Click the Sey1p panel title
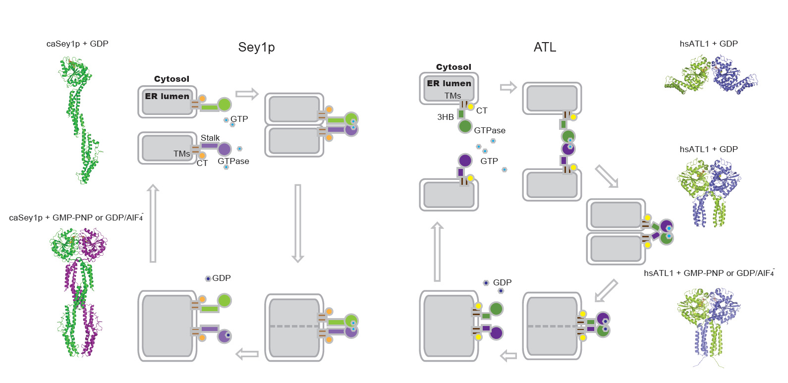pos(256,47)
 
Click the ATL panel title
pos(545,47)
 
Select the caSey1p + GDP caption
pos(77,44)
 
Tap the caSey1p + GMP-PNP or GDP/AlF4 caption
pos(76,218)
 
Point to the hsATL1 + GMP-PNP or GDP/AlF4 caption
pos(709,273)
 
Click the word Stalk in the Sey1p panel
pos(210,138)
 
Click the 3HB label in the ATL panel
pos(445,117)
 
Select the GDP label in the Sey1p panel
pos(222,278)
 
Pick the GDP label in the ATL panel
pos(502,282)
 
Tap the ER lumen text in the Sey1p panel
pos(167,96)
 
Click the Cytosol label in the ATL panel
pos(453,67)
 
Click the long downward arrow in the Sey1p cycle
pos(298,223)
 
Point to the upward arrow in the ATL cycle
pos(437,252)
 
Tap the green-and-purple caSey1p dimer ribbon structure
pos(78,292)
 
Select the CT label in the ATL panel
pos(482,110)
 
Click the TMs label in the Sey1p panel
pos(181,154)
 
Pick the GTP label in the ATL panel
pos(489,161)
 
